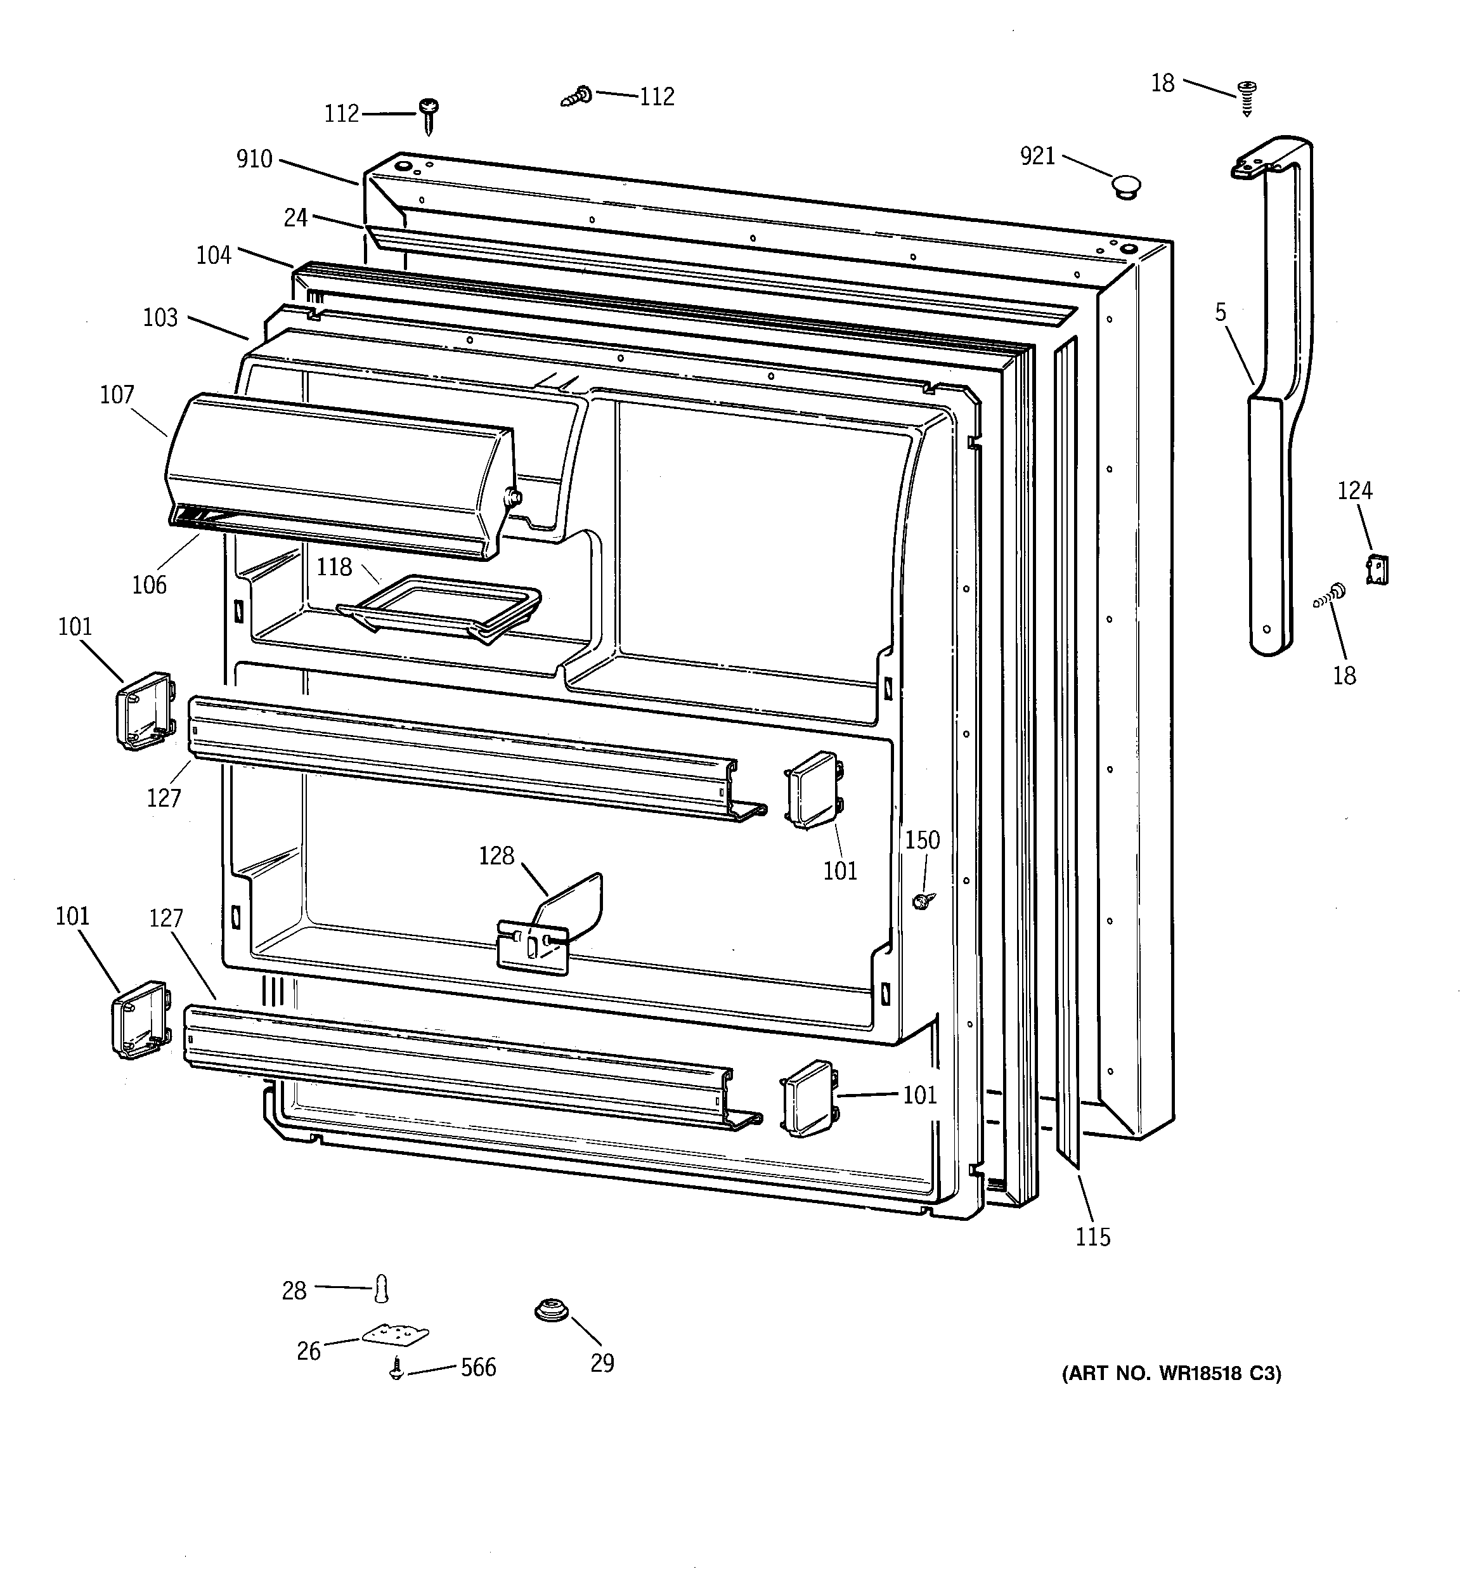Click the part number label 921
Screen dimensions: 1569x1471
coord(1037,156)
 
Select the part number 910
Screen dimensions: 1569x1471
coord(254,159)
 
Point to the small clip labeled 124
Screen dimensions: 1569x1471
coord(1377,569)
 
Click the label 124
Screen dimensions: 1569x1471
coord(1354,491)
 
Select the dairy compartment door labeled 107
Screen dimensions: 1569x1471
coord(339,474)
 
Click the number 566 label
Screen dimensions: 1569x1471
coord(478,1367)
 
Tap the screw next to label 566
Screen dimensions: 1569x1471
coord(396,1370)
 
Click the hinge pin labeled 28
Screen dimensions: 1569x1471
coord(382,1289)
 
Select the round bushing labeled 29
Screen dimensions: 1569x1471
coord(552,1311)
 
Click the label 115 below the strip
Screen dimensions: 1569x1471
coord(1092,1237)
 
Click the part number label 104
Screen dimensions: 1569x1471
coord(214,255)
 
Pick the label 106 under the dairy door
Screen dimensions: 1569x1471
coord(149,585)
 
